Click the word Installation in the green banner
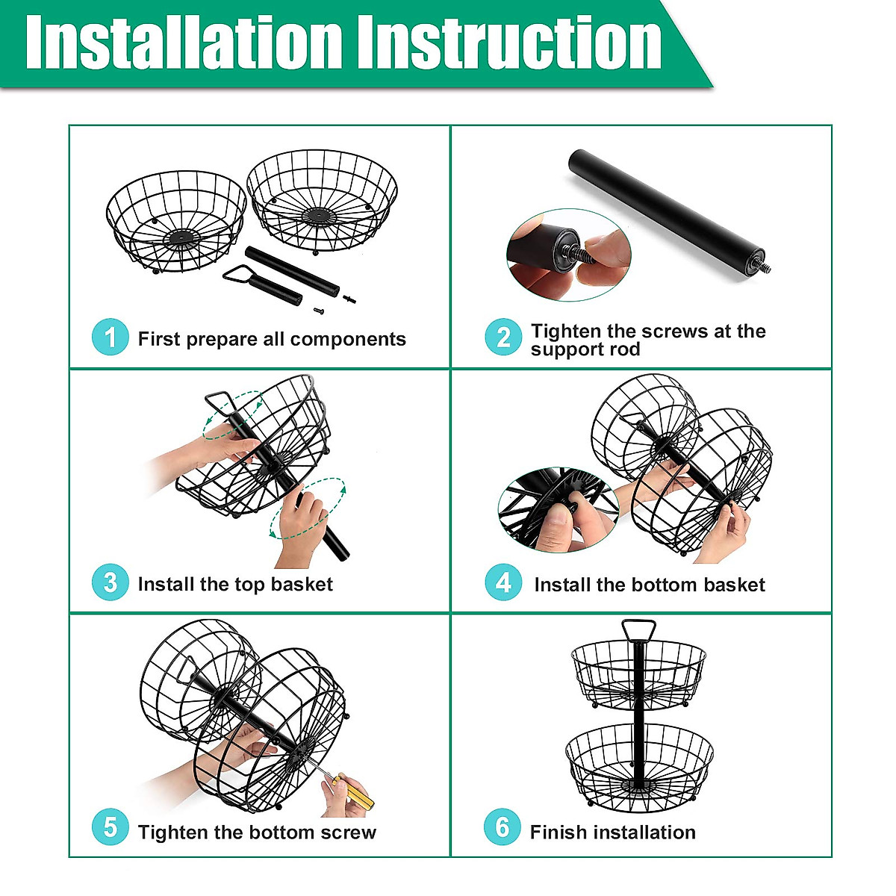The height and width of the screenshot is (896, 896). coord(184,43)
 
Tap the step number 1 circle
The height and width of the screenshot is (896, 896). coord(111,337)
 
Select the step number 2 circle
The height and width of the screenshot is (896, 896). coord(503,337)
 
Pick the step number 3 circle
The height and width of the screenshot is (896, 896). coord(111,582)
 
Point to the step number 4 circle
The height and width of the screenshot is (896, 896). coord(503,582)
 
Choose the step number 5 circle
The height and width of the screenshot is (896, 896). coord(111,827)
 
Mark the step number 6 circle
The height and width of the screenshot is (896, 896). coord(503,827)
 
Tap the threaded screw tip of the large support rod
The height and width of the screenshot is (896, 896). coord(765,267)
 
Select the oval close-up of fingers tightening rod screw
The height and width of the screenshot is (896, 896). coord(569,255)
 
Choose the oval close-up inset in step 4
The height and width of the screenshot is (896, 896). coord(559,510)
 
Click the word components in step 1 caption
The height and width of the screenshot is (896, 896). coord(348,340)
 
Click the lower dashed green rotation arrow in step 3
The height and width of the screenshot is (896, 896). coord(308,508)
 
